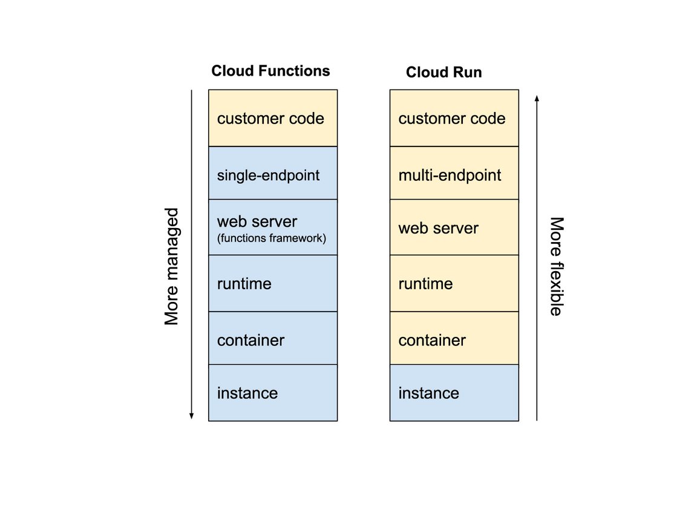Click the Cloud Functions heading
pyautogui.click(x=270, y=71)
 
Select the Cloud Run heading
pyautogui.click(x=443, y=73)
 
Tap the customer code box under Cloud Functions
pyautogui.click(x=273, y=118)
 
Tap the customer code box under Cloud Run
pyautogui.click(x=454, y=118)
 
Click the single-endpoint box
pyautogui.click(x=273, y=175)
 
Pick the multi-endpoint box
pyautogui.click(x=454, y=175)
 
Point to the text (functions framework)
pyautogui.click(x=271, y=238)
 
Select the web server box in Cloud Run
pyautogui.click(x=454, y=228)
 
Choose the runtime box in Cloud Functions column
pyautogui.click(x=273, y=283)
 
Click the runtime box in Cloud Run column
pyautogui.click(x=454, y=283)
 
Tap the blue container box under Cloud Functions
pyautogui.click(x=273, y=339)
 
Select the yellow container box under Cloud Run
pyautogui.click(x=454, y=339)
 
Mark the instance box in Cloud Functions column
pyautogui.click(x=273, y=393)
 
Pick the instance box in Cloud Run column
pyautogui.click(x=454, y=393)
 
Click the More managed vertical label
pyautogui.click(x=172, y=267)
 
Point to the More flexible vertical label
pyautogui.click(x=556, y=266)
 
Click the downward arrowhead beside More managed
pyautogui.click(x=191, y=416)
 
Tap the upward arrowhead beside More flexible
pyautogui.click(x=537, y=97)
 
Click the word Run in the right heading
pyautogui.click(x=468, y=73)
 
